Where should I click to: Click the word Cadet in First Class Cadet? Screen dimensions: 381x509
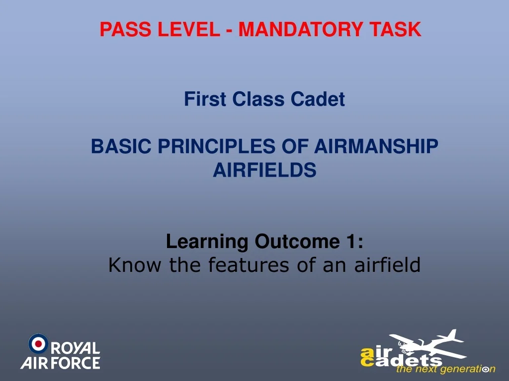click(318, 100)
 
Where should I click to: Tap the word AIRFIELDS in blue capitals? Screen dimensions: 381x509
click(264, 171)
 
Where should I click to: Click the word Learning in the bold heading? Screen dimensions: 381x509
click(208, 242)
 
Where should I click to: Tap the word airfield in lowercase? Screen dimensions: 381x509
click(387, 265)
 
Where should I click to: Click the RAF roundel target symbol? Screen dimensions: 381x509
click(38, 343)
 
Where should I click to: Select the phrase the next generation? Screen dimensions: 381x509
click(444, 369)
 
